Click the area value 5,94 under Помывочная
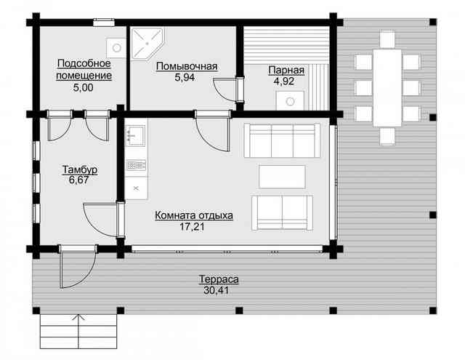pyautogui.click(x=185, y=78)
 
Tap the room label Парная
pyautogui.click(x=286, y=70)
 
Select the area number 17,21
pyautogui.click(x=192, y=227)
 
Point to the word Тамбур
pyautogui.click(x=80, y=169)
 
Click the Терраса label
pyautogui.click(x=219, y=279)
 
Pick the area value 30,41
pyautogui.click(x=217, y=290)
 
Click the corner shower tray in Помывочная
pyautogui.click(x=147, y=44)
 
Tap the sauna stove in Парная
pyautogui.click(x=290, y=101)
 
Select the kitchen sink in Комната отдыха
pyautogui.click(x=136, y=136)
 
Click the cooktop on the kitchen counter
pyautogui.click(x=136, y=165)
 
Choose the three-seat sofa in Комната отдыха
pyautogui.click(x=282, y=140)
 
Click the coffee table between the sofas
pyautogui.click(x=282, y=177)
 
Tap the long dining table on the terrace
pyautogui.click(x=387, y=88)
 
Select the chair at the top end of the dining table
pyautogui.click(x=387, y=39)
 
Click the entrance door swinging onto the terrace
pyautogui.click(x=78, y=266)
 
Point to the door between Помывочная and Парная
pyautogui.click(x=230, y=89)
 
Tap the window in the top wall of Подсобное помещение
pyautogui.click(x=104, y=23)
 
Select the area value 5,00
pyautogui.click(x=84, y=87)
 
